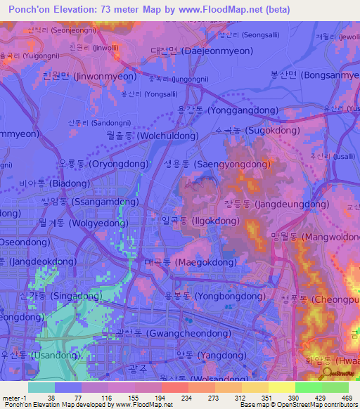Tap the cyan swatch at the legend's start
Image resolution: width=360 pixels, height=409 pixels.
point(41,387)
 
